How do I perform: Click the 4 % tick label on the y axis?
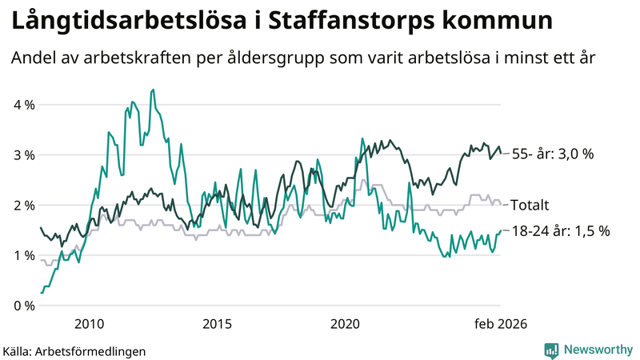(24, 105)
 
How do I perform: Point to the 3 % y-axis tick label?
(24, 155)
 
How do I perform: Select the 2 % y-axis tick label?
(24, 206)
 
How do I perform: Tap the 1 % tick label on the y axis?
(24, 256)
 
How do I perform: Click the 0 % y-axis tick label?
(24, 306)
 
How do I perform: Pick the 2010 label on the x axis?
(89, 324)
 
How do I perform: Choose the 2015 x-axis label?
(217, 324)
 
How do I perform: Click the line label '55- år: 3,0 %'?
(553, 154)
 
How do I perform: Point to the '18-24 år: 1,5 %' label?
(560, 230)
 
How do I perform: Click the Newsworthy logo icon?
(551, 350)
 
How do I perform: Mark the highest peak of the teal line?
(153, 90)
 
